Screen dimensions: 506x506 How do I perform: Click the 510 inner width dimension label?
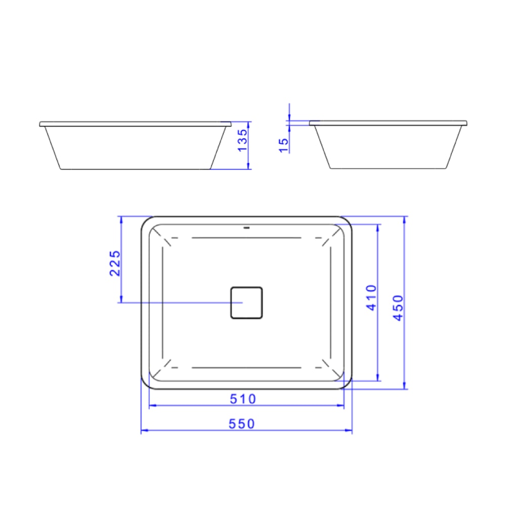point(243,399)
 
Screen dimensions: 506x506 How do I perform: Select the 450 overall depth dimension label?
point(398,308)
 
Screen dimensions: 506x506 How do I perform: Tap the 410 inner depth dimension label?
point(371,298)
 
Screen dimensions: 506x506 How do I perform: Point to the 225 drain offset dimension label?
point(115,263)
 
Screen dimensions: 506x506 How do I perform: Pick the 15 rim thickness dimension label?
point(284,145)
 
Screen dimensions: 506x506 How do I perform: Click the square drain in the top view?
point(246,303)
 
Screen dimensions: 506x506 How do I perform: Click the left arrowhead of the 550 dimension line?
point(143,431)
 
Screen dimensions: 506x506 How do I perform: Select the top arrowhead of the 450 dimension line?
point(405,219)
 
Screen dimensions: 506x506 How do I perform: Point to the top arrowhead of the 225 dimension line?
point(121,219)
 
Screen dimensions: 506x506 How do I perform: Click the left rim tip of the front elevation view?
point(40,124)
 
